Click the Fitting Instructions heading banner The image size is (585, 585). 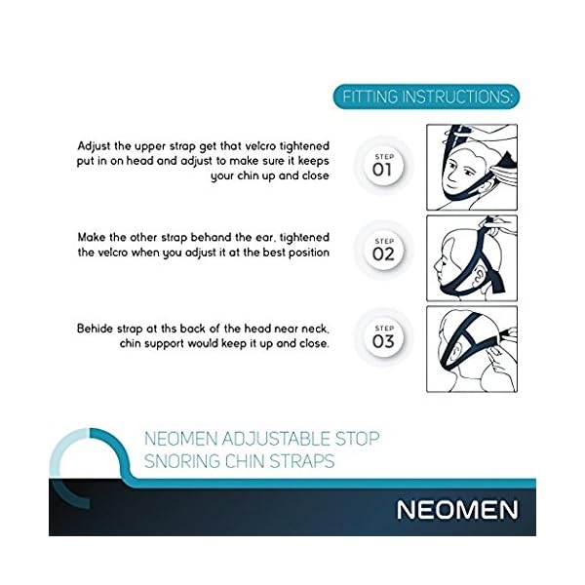[426, 97]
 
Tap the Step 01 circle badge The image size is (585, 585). [383, 166]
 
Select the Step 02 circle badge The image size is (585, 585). [383, 250]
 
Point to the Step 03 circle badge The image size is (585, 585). [383, 337]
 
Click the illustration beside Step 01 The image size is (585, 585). [472, 167]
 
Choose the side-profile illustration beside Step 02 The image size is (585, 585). [472, 258]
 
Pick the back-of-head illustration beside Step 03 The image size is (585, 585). [472, 349]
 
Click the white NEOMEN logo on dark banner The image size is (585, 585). [457, 510]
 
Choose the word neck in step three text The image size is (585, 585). [315, 329]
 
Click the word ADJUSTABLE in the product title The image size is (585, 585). [276, 439]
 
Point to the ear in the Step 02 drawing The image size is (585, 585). [479, 278]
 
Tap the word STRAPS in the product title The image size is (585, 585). [301, 461]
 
